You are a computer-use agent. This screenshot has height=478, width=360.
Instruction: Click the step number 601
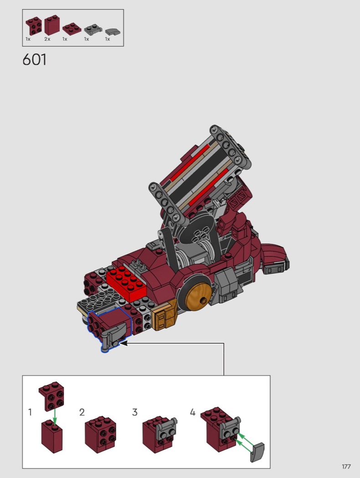pos(35,60)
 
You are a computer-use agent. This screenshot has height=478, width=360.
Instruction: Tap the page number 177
pos(346,467)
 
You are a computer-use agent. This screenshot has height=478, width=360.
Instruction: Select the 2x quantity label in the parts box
pos(47,39)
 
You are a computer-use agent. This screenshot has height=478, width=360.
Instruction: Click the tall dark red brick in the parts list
pos(52,25)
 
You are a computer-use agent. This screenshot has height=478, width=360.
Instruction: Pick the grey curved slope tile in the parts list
pos(113,31)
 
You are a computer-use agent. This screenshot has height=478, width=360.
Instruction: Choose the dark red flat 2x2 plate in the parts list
pos(72,28)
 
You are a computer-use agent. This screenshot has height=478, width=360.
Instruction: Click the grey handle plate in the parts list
pos(93,29)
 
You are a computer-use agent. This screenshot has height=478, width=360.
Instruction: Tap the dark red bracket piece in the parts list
pos(33,25)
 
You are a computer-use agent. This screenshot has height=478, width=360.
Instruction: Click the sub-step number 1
pos(30,412)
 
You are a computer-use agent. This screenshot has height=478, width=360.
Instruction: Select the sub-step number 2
pos(82,412)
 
